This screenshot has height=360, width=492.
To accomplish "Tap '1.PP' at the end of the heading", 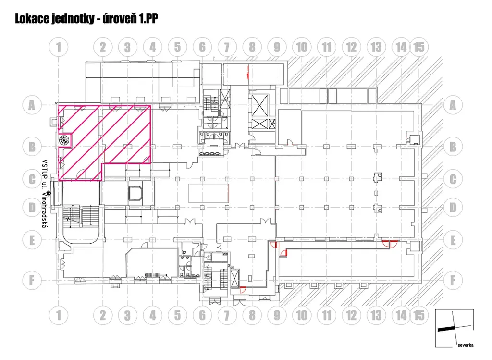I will [147, 19].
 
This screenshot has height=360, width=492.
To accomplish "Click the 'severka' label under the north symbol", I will [466, 345].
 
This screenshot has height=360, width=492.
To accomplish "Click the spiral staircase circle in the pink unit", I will [63, 140].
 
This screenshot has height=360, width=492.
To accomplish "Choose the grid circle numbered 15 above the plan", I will [419, 47].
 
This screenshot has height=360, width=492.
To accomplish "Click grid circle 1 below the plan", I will [59, 315].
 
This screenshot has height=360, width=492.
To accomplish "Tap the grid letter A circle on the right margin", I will [453, 105].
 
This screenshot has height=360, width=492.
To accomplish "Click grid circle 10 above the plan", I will [301, 47].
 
